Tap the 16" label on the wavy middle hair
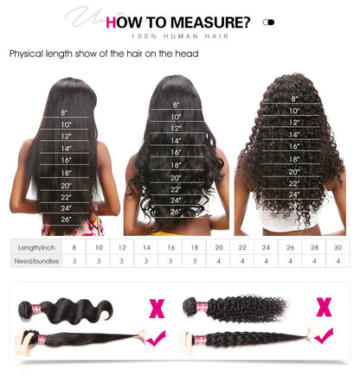[177, 151]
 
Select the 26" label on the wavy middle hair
[177, 211]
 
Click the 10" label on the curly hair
[294, 111]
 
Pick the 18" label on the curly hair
[294, 159]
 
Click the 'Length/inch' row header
[36, 247]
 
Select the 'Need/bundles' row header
[36, 259]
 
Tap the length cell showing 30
[337, 247]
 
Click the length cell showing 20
[218, 247]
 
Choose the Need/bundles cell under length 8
[74, 259]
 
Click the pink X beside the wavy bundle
[157, 307]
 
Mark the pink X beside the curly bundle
[325, 305]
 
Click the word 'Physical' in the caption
[27, 54]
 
